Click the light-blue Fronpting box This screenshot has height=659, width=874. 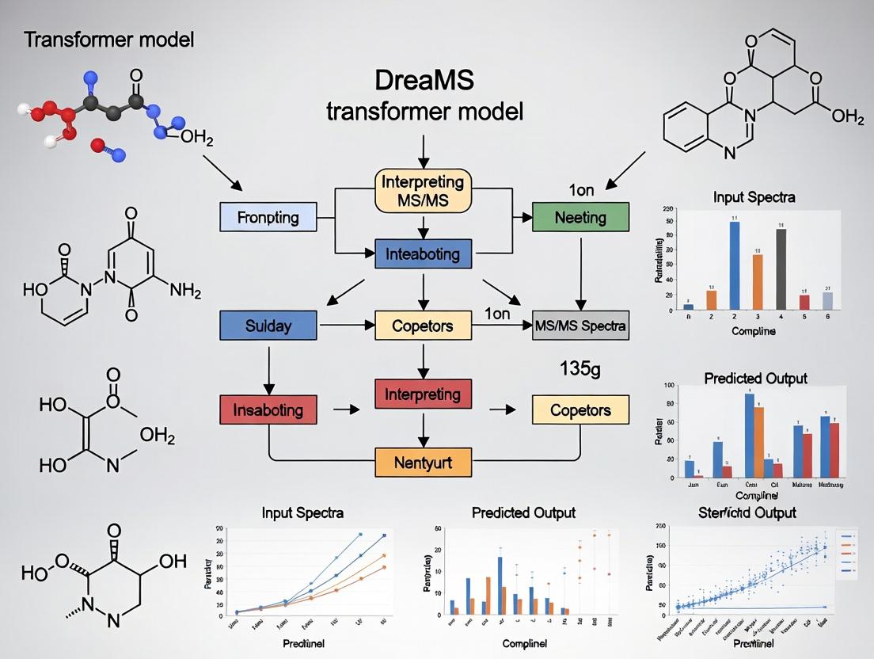pos(268,216)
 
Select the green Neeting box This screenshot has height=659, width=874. pos(580,216)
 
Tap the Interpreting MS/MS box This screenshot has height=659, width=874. pos(423,191)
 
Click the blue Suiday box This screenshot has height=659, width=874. pos(268,326)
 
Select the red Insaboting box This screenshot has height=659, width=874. pos(268,409)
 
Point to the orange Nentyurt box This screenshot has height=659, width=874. pos(423,461)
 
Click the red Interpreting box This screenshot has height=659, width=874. pos(423,394)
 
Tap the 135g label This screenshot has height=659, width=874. pos(580,368)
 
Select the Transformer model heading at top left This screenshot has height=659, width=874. pos(109,39)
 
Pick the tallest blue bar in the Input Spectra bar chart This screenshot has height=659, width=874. pos(735,265)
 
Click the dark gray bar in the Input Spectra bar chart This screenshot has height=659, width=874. pos(781,269)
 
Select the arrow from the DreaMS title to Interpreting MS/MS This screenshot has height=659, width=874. pos(424,150)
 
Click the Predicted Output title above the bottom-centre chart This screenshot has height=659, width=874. pos(523,512)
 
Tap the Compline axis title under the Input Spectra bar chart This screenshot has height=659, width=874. pos(753,331)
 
